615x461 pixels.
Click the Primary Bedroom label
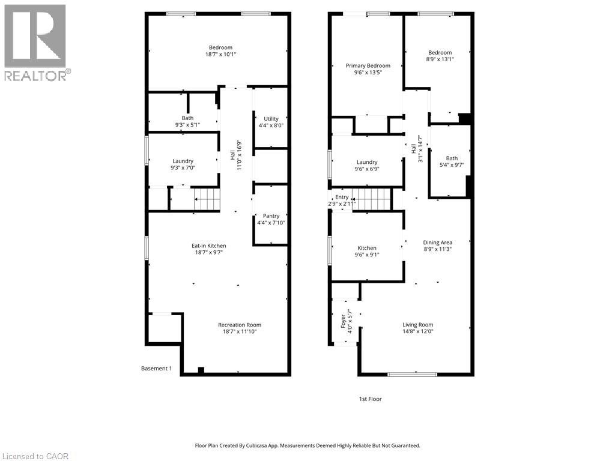(368, 65)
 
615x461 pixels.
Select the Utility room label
(271, 119)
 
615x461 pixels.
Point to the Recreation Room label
(239, 325)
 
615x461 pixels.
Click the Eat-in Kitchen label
(208, 246)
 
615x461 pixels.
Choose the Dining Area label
(438, 243)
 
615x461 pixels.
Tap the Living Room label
(417, 325)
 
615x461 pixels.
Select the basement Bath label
(187, 118)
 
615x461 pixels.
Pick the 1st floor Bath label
(451, 158)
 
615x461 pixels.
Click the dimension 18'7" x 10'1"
(220, 55)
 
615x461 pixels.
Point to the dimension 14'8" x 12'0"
(417, 331)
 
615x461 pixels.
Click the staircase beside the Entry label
(371, 198)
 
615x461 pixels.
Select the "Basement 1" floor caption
(156, 369)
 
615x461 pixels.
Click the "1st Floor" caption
(370, 399)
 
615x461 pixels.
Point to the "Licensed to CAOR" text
(35, 456)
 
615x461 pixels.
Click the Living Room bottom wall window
(412, 375)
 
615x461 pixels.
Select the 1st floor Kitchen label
(367, 248)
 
